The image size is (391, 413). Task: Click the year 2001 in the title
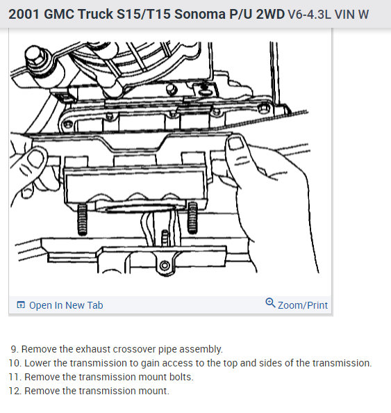[x=24, y=14]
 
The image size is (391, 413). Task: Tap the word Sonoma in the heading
[x=200, y=14]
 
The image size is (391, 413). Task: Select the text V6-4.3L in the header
[x=309, y=14]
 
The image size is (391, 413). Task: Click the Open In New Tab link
[x=66, y=305]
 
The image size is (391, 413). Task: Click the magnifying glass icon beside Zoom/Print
[x=270, y=303]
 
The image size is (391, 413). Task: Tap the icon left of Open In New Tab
[x=21, y=305]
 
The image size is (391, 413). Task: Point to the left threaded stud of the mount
[x=83, y=220]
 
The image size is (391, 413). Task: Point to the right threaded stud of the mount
[x=192, y=218]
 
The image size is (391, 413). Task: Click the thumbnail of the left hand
[x=36, y=159]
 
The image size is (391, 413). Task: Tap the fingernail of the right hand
[x=236, y=143]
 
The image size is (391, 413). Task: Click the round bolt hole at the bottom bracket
[x=165, y=265]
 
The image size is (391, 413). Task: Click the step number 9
[x=15, y=349]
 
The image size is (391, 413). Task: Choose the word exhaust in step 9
[x=93, y=349]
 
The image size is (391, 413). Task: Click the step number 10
[x=15, y=363]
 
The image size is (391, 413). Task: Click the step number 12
[x=15, y=391]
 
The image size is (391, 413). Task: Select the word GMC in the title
[x=59, y=14]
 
